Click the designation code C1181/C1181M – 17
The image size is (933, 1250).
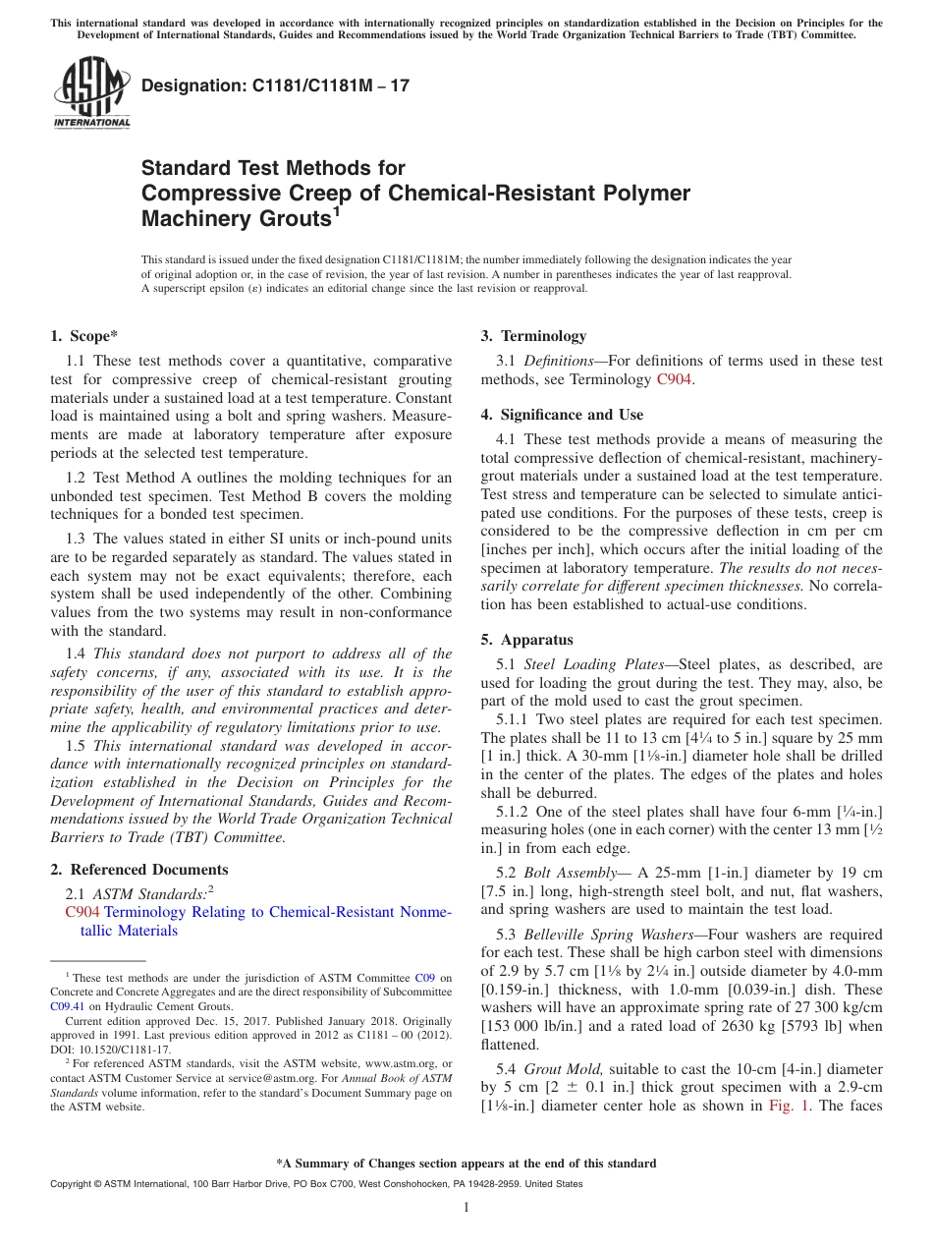(275, 85)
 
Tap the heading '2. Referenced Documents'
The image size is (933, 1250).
(139, 870)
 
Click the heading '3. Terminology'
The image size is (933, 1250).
(533, 336)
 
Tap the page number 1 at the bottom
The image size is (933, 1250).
(466, 1207)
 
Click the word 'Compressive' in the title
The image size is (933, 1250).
(201, 193)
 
